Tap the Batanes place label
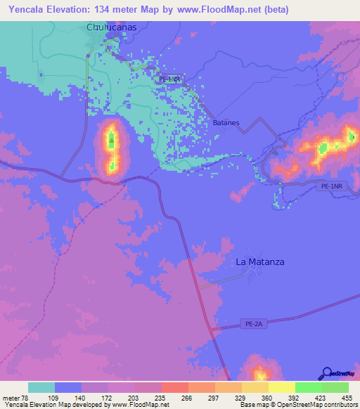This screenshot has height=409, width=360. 226,122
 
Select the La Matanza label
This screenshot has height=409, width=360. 260,261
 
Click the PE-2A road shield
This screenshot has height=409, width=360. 255,324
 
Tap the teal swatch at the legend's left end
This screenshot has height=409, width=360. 41,387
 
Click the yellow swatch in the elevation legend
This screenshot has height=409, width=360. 281,387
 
